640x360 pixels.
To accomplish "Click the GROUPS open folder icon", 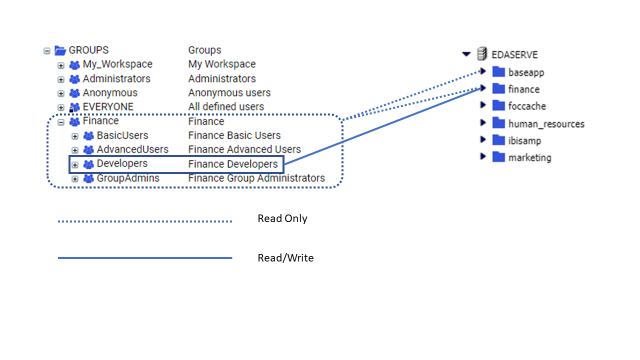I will (60, 50).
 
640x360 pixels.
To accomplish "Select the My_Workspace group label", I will (117, 64).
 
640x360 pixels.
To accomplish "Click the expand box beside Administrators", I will (61, 79).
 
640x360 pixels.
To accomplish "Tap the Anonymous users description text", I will (229, 93).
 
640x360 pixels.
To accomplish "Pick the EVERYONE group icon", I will (74, 107).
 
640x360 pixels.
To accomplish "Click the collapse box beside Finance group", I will (61, 121).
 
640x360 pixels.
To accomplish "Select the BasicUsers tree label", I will (122, 135).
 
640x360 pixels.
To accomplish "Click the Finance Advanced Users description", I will (244, 149).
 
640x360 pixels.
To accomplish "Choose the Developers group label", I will (122, 163).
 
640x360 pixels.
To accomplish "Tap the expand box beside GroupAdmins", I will (75, 178).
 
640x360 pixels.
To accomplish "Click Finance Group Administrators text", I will (256, 178).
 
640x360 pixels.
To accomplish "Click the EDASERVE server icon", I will (482, 54).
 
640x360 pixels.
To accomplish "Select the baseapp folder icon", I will (498, 72).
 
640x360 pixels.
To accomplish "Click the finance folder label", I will (524, 89).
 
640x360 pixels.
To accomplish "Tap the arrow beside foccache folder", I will (483, 105).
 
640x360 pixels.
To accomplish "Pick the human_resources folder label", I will (546, 123).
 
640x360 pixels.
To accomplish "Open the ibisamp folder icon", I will (498, 140).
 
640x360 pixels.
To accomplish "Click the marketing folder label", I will (529, 157).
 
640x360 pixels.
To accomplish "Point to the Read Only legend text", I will (282, 218).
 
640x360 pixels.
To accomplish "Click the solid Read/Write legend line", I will (145, 258).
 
